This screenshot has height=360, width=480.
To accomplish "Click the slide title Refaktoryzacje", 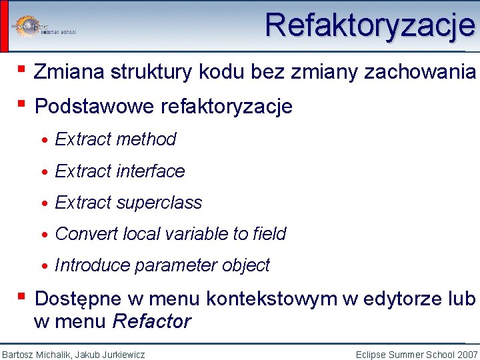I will point(370,26).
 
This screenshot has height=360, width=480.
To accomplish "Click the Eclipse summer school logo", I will point(43,26).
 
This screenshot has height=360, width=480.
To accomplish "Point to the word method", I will point(147,139).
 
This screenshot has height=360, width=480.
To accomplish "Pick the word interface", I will point(151,171).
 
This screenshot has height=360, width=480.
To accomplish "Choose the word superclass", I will point(159,203).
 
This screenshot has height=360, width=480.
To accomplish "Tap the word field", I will point(270,234).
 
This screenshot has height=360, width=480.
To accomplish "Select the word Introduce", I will point(92,265).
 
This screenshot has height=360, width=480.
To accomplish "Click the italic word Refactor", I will point(152,321).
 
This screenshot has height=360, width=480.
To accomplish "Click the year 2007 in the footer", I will point(467,355).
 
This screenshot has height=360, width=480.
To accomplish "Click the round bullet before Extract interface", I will point(44,172).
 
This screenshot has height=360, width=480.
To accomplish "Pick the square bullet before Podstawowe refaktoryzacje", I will point(22,104).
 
